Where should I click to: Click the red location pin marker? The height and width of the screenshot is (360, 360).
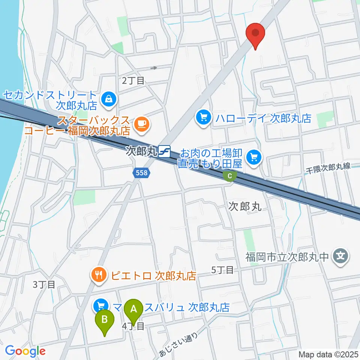point(256,34)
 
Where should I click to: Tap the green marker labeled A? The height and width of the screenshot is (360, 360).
point(133,310)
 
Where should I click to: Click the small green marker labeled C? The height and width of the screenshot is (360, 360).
point(230,175)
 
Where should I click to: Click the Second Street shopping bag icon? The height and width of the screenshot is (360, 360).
point(108,99)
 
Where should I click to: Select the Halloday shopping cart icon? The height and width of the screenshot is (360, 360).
point(204,118)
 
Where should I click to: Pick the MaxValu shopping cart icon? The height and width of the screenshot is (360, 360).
point(100,306)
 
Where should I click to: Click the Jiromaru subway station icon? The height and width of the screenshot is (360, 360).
point(164,152)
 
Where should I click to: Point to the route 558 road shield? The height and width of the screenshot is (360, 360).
point(142,173)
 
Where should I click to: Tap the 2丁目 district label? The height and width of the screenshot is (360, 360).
point(133,80)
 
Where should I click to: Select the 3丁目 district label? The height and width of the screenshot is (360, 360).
point(44,285)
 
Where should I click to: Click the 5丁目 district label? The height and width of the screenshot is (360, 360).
point(223,270)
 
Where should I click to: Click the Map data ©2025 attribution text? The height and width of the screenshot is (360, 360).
point(328,354)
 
